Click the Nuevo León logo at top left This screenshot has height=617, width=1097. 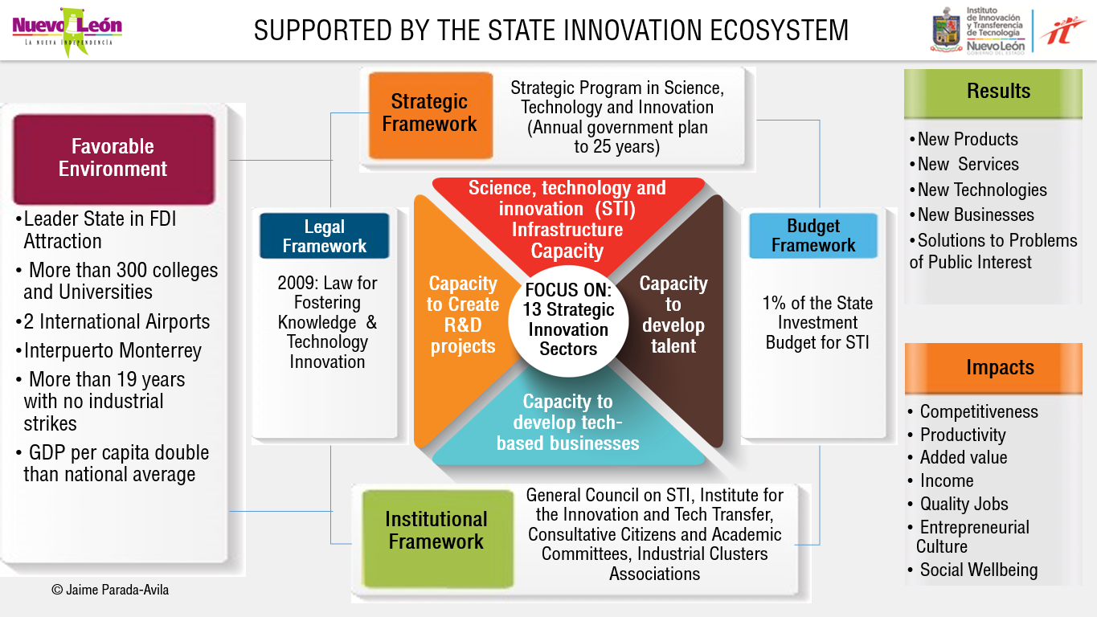click(68, 31)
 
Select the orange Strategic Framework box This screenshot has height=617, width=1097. click(430, 114)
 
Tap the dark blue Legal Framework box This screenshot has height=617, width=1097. click(324, 236)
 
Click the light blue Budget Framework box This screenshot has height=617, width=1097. click(813, 236)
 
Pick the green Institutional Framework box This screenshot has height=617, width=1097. click(436, 530)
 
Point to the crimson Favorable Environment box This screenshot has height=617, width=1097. click(113, 158)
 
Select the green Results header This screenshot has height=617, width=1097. click(998, 92)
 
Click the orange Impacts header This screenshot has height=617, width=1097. click(999, 368)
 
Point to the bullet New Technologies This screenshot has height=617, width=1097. click(982, 190)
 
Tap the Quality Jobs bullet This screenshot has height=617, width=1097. click(964, 505)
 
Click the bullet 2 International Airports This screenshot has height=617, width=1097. click(116, 322)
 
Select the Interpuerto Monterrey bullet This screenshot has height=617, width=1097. click(112, 351)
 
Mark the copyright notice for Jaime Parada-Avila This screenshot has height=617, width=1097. click(110, 590)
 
